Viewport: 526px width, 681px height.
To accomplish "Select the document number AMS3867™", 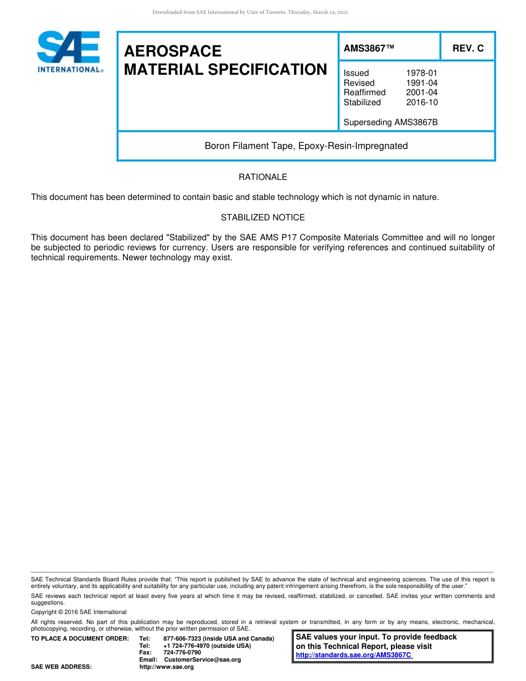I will click(369, 48).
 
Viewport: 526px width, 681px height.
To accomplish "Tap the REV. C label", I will click(468, 48).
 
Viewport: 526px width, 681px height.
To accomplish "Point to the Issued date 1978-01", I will click(421, 73).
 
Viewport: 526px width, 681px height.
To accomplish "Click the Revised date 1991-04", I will click(421, 83).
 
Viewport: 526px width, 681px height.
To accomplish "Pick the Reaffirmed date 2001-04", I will click(421, 92).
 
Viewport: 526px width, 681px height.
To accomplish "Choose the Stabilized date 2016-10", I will click(421, 102).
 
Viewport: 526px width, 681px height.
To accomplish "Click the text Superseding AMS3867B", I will click(390, 122).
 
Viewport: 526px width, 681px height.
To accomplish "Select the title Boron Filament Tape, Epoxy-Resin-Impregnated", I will click(306, 146).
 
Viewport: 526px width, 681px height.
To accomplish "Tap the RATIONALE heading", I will click(263, 177).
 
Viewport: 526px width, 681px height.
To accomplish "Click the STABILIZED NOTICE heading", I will click(263, 218).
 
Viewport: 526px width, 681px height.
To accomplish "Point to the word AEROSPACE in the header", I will click(173, 51).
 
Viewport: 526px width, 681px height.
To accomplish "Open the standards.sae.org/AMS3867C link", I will click(354, 655).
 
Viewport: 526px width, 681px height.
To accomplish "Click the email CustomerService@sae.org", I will click(203, 660).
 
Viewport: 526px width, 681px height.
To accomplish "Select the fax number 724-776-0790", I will click(182, 653).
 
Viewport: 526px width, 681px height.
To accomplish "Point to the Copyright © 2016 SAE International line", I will click(79, 612).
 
